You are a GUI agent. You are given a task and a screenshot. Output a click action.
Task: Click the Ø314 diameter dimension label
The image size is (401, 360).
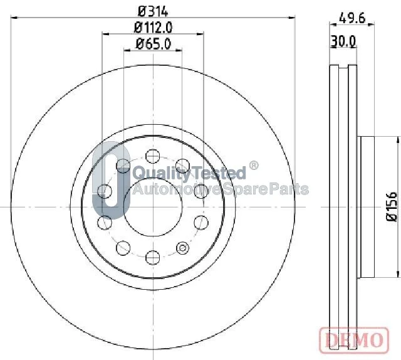pos(153,11)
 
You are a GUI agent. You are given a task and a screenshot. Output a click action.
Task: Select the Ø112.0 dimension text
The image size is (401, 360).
pos(153,28)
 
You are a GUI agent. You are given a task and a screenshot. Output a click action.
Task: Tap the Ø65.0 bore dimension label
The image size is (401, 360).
pos(153,44)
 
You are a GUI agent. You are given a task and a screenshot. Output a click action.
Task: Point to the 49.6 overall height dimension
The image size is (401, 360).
pos(352,18)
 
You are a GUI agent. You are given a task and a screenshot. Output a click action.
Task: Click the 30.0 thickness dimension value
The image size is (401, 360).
pos(343,41)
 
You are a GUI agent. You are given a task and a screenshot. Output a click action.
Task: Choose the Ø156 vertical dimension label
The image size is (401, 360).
pos(391,206)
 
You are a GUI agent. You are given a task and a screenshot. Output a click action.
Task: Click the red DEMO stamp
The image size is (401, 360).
pos(354,341)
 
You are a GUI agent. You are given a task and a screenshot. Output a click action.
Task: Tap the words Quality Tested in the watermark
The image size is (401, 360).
pos(189,172)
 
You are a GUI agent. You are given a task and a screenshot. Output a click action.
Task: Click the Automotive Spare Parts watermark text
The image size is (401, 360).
pos(221,189)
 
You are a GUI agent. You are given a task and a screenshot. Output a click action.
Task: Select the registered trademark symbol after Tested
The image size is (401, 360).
pos(253,166)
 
